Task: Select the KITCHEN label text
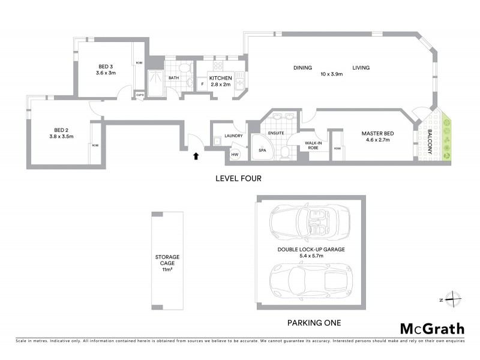pos(220,78)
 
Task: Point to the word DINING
pos(302,68)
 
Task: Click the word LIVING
pos(361,68)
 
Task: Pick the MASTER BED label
pos(376,133)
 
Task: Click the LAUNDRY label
pos(233,136)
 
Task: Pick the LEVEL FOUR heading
pos(239,179)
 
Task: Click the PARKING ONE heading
pos(314,323)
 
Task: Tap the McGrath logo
pos(432,328)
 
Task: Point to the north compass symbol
pos(454,298)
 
